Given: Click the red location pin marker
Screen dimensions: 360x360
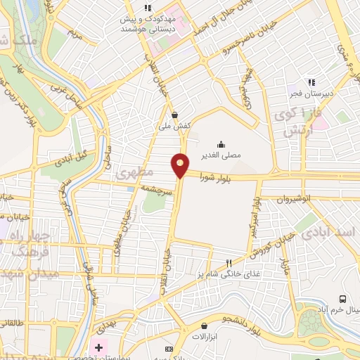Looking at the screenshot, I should [x=181, y=165].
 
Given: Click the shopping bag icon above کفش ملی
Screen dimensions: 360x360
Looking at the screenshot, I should [x=174, y=115].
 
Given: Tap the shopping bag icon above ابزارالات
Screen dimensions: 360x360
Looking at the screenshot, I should [x=205, y=326].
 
